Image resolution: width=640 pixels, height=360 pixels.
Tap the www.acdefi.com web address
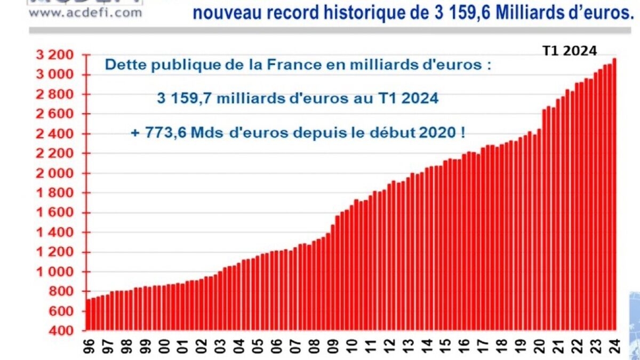pos(85,12)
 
